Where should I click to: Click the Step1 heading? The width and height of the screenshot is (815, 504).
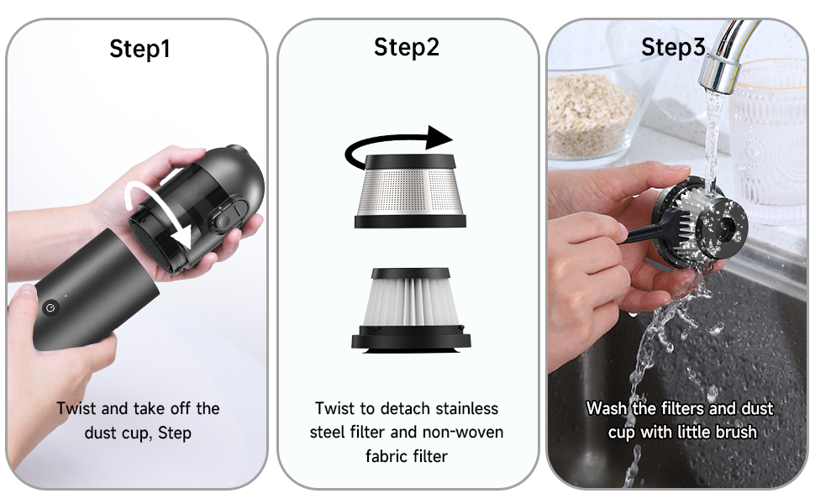(139, 50)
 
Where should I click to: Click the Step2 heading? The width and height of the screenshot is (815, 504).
(407, 47)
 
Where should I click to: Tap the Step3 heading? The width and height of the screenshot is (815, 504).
(673, 47)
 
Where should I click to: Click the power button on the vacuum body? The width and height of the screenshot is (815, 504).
(50, 308)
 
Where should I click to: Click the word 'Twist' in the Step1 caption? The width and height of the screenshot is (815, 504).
(76, 409)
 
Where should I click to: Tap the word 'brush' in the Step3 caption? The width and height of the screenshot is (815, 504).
(735, 433)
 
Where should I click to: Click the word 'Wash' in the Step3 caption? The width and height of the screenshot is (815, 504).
(606, 409)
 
